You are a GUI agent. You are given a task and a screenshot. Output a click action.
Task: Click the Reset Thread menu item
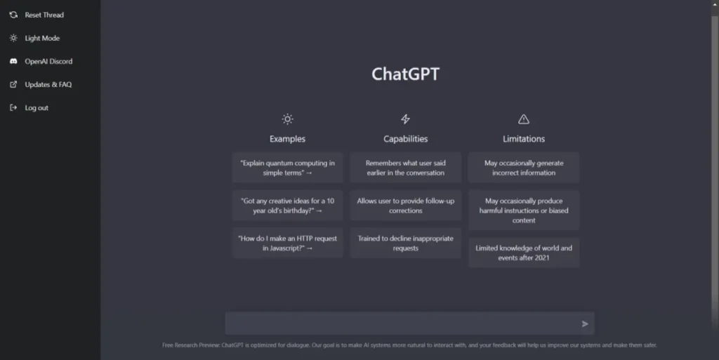pos(37,15)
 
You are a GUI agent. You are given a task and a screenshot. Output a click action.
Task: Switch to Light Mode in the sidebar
pos(34,38)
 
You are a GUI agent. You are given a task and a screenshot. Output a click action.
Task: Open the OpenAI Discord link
pos(41,61)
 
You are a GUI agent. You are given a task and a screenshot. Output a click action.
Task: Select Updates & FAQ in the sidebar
pos(40,84)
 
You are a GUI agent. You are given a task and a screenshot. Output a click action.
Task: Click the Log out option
pos(29,107)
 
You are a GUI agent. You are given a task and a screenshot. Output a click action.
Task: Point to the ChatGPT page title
pos(405,74)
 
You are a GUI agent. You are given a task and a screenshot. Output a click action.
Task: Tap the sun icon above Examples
pos(287,119)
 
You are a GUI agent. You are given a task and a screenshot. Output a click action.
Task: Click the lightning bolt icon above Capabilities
pos(405,119)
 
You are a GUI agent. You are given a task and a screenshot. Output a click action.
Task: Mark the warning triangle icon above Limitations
pos(524,119)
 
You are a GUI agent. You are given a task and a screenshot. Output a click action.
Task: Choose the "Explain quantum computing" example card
pos(287,168)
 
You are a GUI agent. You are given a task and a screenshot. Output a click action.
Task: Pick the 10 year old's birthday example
pos(287,206)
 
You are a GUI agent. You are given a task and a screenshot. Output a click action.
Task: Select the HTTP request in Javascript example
pos(287,244)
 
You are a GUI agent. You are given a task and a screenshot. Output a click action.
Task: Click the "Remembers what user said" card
pos(405,168)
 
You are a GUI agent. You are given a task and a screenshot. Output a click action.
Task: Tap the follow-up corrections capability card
pos(405,206)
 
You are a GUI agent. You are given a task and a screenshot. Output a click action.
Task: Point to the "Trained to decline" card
pos(405,244)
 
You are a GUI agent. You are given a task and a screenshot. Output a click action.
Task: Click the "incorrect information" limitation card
pos(524,168)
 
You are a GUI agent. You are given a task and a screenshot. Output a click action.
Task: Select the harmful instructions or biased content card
pos(524,211)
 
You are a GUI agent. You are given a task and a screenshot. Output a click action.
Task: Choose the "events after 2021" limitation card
pos(524,253)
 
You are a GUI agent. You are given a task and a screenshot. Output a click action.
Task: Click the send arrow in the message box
pos(585,324)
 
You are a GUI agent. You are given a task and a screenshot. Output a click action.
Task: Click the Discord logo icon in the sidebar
pos(14,61)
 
